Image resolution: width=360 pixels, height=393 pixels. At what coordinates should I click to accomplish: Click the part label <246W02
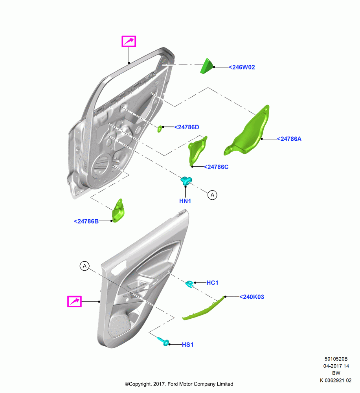pos(242,67)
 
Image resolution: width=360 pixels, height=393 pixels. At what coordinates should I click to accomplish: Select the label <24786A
pos(289,139)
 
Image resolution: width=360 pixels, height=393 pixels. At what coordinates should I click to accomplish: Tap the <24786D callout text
pos(187,127)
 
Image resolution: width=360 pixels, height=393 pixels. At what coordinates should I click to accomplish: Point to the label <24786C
pos(216,167)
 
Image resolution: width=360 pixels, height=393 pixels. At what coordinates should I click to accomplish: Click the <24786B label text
pos(86,221)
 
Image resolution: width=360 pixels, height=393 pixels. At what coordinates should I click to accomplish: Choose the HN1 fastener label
pos(185,201)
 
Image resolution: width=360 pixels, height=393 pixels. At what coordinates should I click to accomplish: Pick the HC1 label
pos(212,283)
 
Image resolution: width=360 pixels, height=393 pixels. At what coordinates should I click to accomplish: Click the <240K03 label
pos(252,297)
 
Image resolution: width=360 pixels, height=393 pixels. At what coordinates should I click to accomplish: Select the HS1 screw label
pos(187,345)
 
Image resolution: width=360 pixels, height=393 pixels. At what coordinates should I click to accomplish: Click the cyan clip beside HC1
pos(190,284)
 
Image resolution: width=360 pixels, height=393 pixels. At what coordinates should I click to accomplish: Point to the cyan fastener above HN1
pos(186,180)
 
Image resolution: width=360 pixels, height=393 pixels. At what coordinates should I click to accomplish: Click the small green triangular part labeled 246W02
pos(207,66)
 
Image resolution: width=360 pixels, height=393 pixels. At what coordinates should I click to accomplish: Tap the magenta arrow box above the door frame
pos(129,41)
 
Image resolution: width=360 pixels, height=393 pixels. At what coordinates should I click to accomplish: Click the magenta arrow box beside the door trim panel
pos(74,301)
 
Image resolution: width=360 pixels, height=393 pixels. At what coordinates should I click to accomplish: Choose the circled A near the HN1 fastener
pos(212,195)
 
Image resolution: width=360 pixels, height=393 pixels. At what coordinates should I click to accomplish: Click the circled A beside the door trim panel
pos(84,266)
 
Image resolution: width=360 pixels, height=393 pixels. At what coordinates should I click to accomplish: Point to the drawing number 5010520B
pos(336,359)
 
